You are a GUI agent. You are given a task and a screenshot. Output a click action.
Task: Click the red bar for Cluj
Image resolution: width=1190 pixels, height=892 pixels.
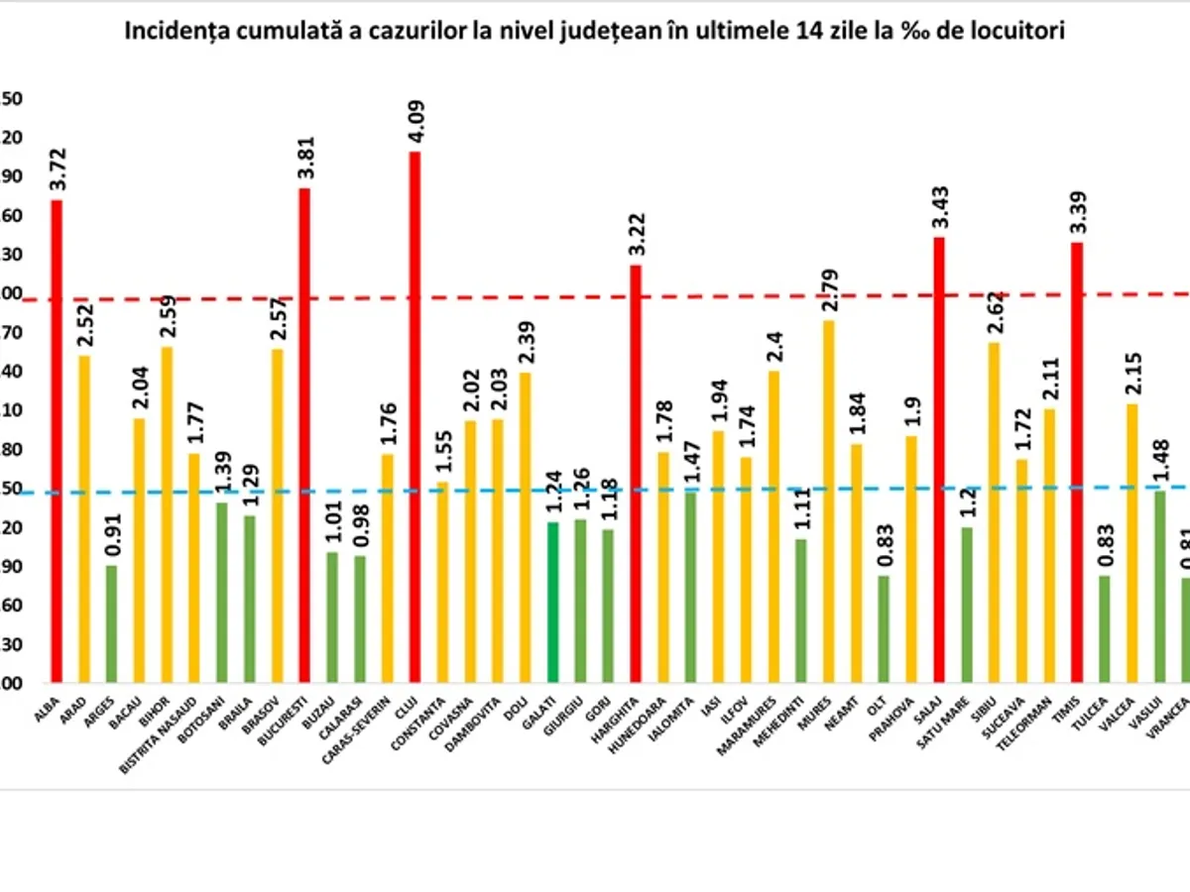click(x=415, y=416)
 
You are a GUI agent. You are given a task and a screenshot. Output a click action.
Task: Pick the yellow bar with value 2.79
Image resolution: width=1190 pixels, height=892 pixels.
click(x=829, y=501)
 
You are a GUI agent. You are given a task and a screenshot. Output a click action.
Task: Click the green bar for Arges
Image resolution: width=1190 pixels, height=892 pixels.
click(x=112, y=623)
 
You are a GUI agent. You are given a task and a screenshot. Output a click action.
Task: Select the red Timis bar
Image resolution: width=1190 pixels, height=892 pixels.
click(x=1077, y=462)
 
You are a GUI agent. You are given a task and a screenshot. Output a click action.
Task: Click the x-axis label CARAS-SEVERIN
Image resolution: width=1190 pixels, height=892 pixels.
click(x=367, y=727)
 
